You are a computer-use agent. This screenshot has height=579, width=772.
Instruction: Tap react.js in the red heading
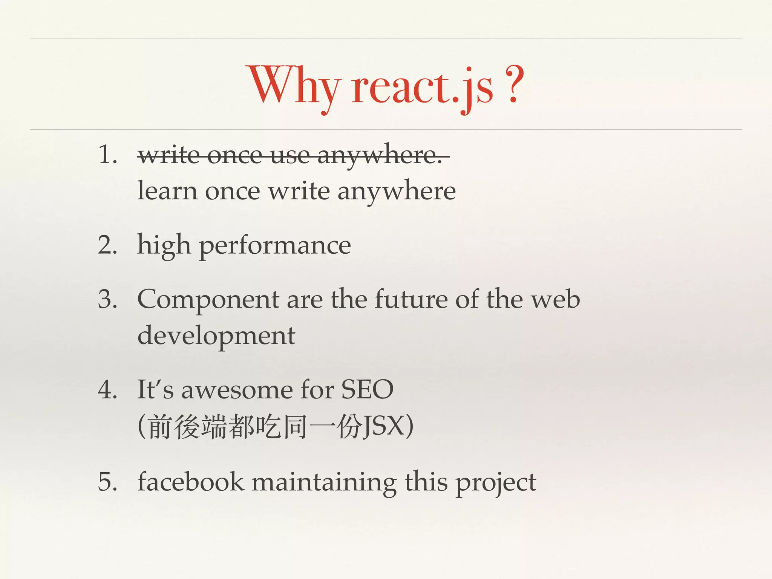[x=422, y=87]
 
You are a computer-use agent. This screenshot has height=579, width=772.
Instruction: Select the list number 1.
[x=107, y=155]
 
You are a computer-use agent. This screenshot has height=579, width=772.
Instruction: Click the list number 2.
[x=107, y=245]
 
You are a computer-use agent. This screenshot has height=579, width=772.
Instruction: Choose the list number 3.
[x=107, y=300]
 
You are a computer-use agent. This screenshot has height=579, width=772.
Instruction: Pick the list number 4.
[x=107, y=390]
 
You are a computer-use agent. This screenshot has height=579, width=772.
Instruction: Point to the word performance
[x=275, y=246]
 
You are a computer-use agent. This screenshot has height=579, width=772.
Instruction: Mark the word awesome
[x=237, y=390]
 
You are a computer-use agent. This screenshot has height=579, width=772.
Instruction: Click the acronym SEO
[x=367, y=390]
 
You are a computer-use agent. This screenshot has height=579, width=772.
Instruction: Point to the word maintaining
[x=324, y=482]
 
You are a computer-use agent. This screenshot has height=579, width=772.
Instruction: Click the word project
[x=496, y=483]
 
